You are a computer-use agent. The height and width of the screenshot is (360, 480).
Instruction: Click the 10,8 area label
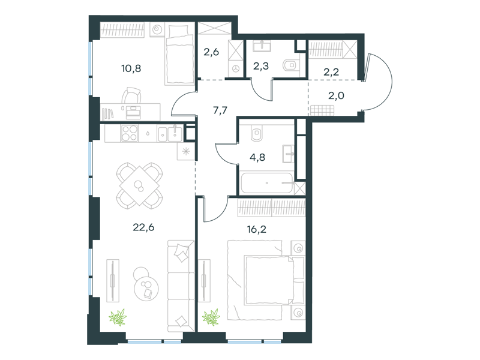pyautogui.click(x=131, y=68)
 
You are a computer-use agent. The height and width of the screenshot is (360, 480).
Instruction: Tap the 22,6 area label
pyautogui.click(x=143, y=227)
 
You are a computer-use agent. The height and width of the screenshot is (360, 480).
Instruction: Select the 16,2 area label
pyautogui.click(x=257, y=229)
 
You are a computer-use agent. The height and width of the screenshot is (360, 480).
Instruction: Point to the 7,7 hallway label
pyautogui.click(x=220, y=110)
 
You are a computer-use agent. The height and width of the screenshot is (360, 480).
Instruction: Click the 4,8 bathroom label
pyautogui.click(x=257, y=157)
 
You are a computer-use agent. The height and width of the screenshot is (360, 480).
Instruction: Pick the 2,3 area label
pyautogui.click(x=261, y=65)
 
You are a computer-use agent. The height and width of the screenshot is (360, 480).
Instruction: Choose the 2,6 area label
pyautogui.click(x=211, y=52)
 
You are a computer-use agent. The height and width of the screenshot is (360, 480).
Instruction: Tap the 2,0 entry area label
pyautogui.click(x=336, y=95)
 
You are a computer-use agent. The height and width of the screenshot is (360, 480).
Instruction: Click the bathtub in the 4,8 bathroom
pyautogui.click(x=266, y=183)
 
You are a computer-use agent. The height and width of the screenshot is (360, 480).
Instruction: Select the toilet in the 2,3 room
pyautogui.click(x=290, y=65)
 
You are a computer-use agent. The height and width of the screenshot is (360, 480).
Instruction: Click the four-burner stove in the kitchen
pyautogui.click(x=130, y=133)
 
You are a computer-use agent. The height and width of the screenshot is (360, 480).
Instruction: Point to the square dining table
pyautogui.click(x=140, y=185)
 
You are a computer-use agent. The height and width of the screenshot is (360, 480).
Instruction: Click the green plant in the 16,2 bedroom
pyautogui.click(x=211, y=317)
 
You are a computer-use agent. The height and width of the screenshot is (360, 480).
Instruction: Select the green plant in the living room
pyautogui.click(x=118, y=317)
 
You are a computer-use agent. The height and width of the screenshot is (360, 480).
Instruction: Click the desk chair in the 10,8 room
pyautogui.click(x=131, y=95)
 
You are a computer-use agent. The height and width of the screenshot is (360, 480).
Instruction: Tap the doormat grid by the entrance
pyautogui.click(x=322, y=110)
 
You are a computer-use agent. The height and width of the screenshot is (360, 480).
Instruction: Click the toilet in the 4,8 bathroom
pyautogui.click(x=257, y=134)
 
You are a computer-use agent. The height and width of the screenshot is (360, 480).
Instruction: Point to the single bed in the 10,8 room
pyautogui.click(x=179, y=55)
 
